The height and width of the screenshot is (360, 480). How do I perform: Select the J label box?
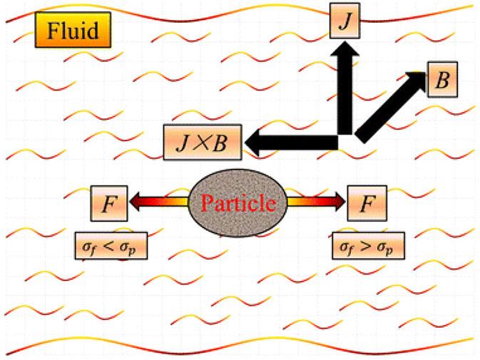coord(346,20)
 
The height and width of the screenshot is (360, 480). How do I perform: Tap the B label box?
coord(443,79)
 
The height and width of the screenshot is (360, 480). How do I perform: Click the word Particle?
coord(238,204)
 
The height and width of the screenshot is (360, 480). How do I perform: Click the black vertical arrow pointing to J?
coord(347,93)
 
